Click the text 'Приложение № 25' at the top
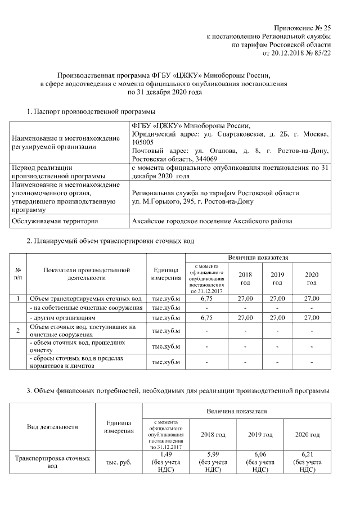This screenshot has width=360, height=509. pos(302,28)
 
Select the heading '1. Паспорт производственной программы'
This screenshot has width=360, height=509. pos(91,112)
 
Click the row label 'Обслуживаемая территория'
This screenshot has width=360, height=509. pos(55,221)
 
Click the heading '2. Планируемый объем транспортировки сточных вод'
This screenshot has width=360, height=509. pos(110,241)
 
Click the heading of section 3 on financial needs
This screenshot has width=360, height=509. pos(178,390)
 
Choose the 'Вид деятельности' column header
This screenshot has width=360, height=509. pos(52,427)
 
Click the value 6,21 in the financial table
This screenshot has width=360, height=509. pos(311,454)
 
